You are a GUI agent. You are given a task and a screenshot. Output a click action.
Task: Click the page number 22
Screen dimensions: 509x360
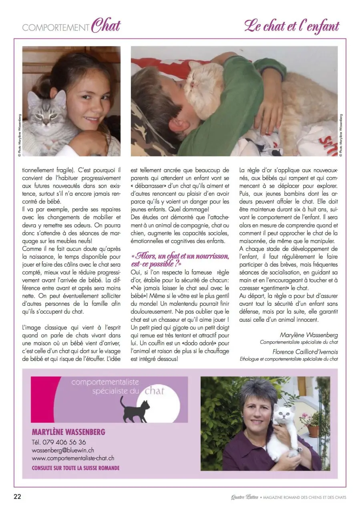click(17, 497)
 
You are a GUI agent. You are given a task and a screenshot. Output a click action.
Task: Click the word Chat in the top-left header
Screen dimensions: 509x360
click(106, 26)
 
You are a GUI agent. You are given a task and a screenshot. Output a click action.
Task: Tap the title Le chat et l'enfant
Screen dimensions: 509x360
click(292, 26)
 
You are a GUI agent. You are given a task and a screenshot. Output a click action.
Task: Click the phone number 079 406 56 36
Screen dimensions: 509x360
click(59, 442)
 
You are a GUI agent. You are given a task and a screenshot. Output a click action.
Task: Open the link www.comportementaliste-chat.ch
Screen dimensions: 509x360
click(73, 458)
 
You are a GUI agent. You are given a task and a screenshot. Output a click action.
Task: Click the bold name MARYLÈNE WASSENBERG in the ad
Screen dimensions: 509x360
click(68, 432)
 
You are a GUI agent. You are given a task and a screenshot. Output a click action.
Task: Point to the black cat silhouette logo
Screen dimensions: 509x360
click(135, 409)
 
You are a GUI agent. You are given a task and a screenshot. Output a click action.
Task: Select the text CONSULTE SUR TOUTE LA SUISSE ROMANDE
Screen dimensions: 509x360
click(76, 467)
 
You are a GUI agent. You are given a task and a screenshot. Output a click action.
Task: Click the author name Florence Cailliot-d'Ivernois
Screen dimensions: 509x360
click(305, 352)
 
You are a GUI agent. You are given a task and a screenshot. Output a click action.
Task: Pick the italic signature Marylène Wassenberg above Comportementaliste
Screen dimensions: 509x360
click(308, 335)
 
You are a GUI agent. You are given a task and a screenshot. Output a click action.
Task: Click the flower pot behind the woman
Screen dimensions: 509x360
click(313, 430)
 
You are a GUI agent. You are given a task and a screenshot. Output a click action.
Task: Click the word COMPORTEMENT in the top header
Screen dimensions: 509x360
click(56, 28)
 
